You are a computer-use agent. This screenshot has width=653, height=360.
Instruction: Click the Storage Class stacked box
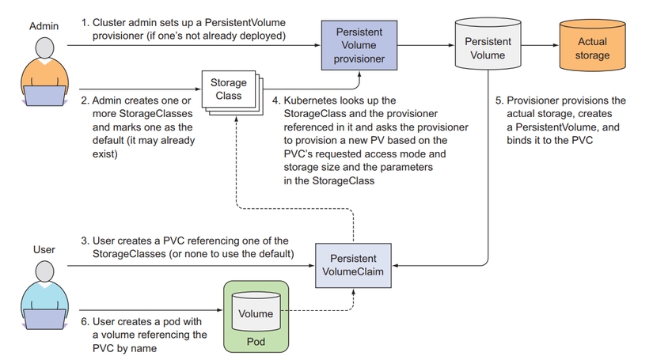[x=229, y=89]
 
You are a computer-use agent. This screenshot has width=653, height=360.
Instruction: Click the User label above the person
[x=44, y=249]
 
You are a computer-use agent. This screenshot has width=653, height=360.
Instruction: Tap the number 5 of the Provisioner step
[x=499, y=100]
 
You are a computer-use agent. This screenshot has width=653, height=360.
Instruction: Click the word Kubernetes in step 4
[x=309, y=100]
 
